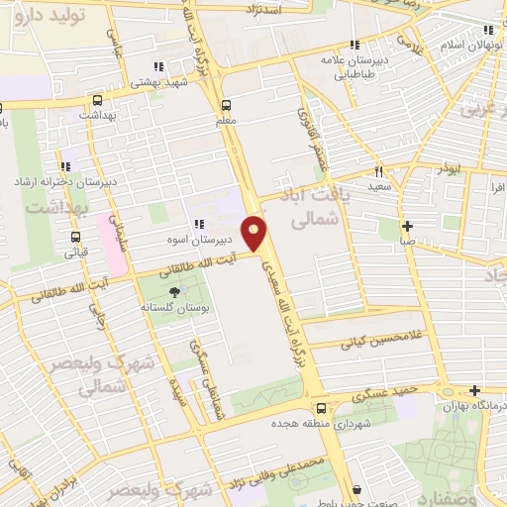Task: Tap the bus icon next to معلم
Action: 227,104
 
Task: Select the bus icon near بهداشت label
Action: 97,100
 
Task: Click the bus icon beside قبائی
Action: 76,237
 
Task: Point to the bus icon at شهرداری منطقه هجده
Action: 320,408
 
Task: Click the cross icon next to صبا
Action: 407,225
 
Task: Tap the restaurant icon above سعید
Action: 377,168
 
